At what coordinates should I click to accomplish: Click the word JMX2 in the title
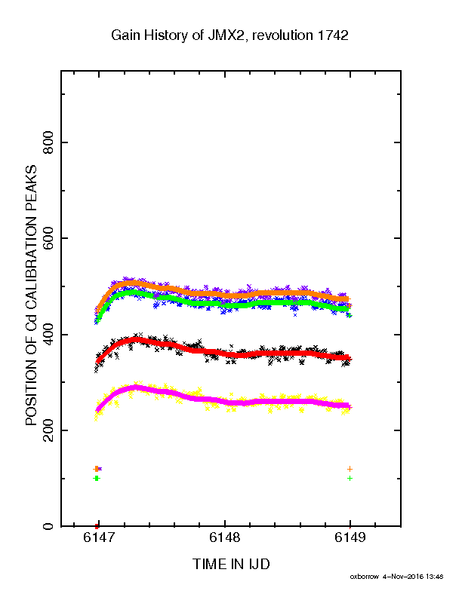tap(226, 35)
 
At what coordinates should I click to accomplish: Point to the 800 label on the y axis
tap(48, 142)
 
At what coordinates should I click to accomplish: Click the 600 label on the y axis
tap(48, 238)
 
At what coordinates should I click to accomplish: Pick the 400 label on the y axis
tap(48, 334)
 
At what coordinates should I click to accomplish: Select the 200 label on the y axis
tap(48, 430)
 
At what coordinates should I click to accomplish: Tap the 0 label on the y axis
tap(48, 526)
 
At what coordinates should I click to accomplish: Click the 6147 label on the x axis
tap(99, 537)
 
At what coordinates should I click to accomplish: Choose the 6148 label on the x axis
tap(225, 537)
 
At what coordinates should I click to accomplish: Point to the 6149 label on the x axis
tap(350, 537)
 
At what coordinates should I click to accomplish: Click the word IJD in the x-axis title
tap(260, 565)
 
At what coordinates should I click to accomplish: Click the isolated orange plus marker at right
tap(350, 469)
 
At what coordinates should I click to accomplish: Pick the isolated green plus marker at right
tap(350, 478)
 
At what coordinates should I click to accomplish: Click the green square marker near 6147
tap(97, 478)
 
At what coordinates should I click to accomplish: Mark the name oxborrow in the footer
tap(365, 577)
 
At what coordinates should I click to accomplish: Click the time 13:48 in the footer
tap(435, 577)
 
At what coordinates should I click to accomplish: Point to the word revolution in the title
tap(282, 35)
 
